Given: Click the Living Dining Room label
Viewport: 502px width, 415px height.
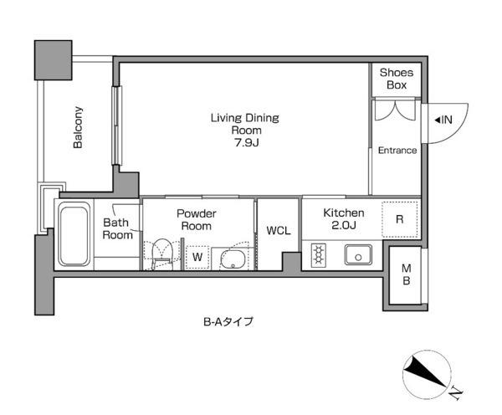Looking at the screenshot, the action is (245, 124).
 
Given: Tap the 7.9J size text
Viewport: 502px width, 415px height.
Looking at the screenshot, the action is (246, 142).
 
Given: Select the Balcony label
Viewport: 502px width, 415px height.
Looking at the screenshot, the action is (78, 127).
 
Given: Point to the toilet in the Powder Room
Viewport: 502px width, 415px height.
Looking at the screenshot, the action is (161, 253).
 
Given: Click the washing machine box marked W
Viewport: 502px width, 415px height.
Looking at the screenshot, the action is (197, 257).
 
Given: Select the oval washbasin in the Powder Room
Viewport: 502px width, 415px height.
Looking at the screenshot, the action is (233, 259).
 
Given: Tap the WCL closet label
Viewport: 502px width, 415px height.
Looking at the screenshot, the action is (279, 231).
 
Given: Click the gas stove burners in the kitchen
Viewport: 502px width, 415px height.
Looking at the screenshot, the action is (319, 255).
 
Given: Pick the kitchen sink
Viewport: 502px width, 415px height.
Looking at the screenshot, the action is (358, 255).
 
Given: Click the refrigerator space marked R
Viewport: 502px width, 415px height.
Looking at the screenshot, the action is (400, 219).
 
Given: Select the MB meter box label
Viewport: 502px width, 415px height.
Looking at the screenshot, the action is (407, 274).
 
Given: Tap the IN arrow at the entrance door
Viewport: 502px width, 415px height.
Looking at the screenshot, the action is (443, 120).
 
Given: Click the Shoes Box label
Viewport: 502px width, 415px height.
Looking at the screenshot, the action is (397, 79).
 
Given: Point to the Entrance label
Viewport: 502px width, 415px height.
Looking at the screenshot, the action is (397, 151).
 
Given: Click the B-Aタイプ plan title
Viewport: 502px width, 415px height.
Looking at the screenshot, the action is (228, 321).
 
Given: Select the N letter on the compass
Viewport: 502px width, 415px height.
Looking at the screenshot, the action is (456, 393).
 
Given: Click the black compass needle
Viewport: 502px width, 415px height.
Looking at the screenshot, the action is (425, 372).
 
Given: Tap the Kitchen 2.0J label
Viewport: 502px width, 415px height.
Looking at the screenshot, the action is (344, 219).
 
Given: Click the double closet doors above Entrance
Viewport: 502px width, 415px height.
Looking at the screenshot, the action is (396, 110).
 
